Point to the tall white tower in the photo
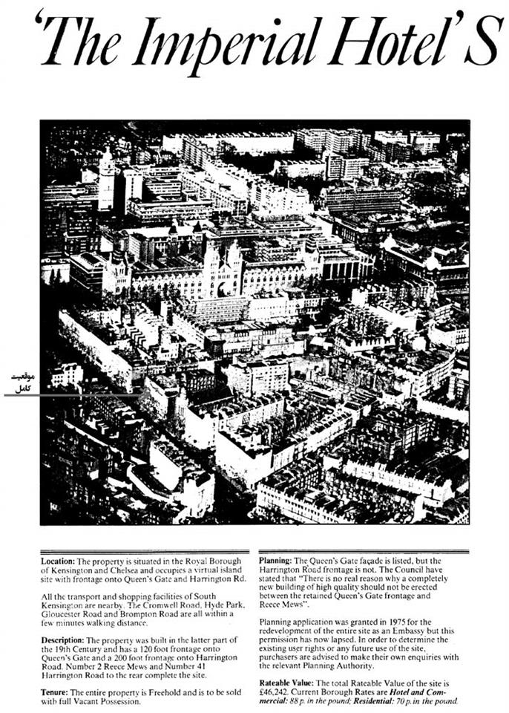(106, 182)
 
